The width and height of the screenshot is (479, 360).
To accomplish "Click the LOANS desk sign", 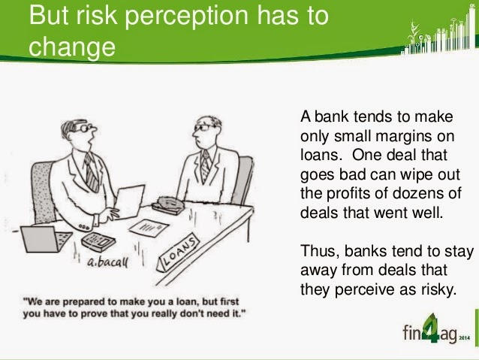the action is click(179, 252).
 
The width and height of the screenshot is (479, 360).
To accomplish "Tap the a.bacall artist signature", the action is click(108, 262).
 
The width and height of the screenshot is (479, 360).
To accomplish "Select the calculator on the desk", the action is click(98, 240).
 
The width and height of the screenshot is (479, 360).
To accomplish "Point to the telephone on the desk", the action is click(168, 204).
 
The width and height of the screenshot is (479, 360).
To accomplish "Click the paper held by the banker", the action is click(130, 200).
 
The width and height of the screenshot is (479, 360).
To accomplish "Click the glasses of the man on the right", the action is click(203, 128).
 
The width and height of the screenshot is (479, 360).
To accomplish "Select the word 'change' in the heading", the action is click(72, 47).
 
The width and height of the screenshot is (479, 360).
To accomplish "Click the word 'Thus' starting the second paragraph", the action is click(321, 250).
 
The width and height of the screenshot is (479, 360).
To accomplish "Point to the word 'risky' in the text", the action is click(440, 289).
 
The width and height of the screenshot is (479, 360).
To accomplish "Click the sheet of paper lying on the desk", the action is click(149, 227).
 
